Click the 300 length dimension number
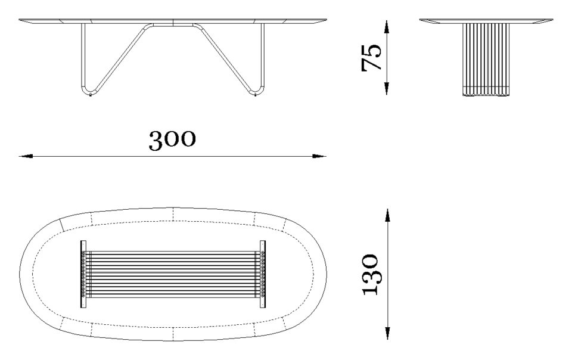(x=172, y=140)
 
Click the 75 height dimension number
(x=371, y=57)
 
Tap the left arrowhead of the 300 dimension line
(x=26, y=156)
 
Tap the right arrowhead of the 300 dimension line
(x=319, y=156)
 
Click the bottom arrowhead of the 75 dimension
(x=387, y=88)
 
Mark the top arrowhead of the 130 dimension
(x=387, y=216)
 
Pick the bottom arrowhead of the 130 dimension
(x=387, y=333)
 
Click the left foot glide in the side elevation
(x=90, y=95)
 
